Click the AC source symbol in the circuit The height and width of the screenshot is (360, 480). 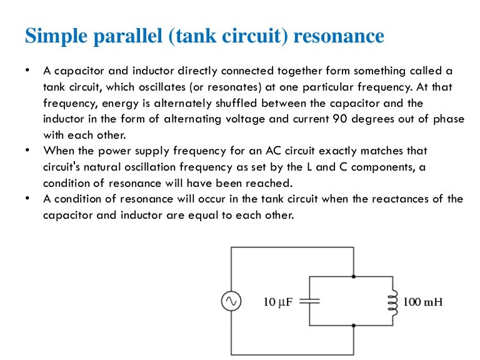pyautogui.click(x=230, y=302)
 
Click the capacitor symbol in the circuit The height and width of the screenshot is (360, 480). pyautogui.click(x=310, y=301)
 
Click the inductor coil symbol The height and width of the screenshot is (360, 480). pyautogui.click(x=393, y=301)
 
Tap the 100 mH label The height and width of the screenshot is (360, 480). pyautogui.click(x=422, y=302)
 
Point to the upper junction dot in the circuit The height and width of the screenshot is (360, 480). pyautogui.click(x=354, y=276)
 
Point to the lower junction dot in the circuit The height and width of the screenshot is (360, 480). pyautogui.click(x=354, y=325)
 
